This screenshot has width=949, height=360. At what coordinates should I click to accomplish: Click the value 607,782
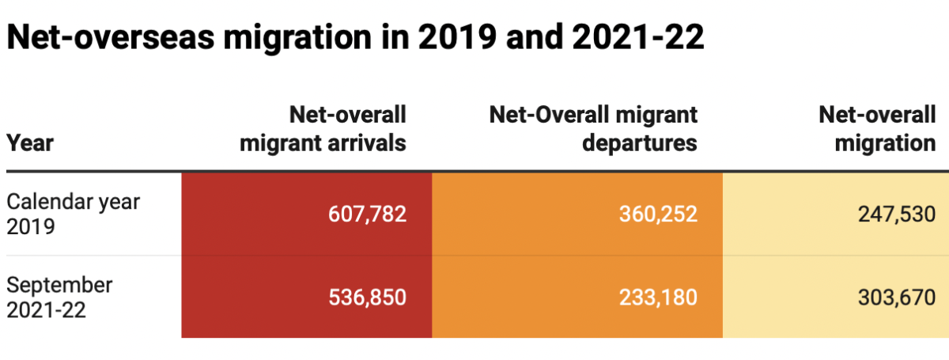pos(367,214)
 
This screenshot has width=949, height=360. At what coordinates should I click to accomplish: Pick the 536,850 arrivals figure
pos(367,297)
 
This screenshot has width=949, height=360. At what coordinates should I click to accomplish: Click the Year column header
pos(30,143)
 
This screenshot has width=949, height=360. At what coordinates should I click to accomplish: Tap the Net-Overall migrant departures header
pos(594,128)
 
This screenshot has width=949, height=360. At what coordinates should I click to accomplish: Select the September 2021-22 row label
pos(59,297)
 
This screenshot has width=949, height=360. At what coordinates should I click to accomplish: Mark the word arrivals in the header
pos(366,143)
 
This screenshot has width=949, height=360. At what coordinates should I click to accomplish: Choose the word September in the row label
pos(59,285)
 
